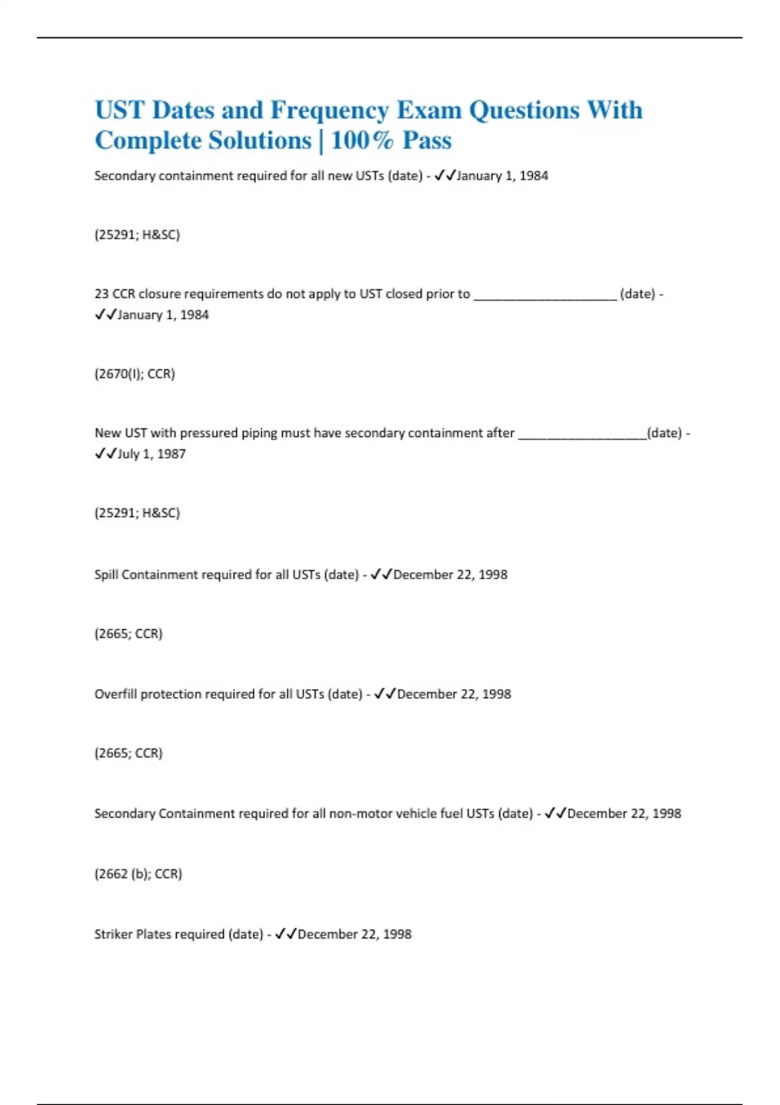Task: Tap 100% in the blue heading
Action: pos(362,140)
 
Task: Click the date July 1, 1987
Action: pos(152,454)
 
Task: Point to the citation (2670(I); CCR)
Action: pos(135,374)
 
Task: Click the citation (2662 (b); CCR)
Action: pos(138,874)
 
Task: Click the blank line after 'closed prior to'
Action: pos(545,295)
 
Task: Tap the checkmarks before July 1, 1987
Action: pos(105,454)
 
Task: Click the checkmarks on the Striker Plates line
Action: pos(285,934)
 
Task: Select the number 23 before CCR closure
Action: pos(101,294)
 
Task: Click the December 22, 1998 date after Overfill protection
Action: pos(454,694)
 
